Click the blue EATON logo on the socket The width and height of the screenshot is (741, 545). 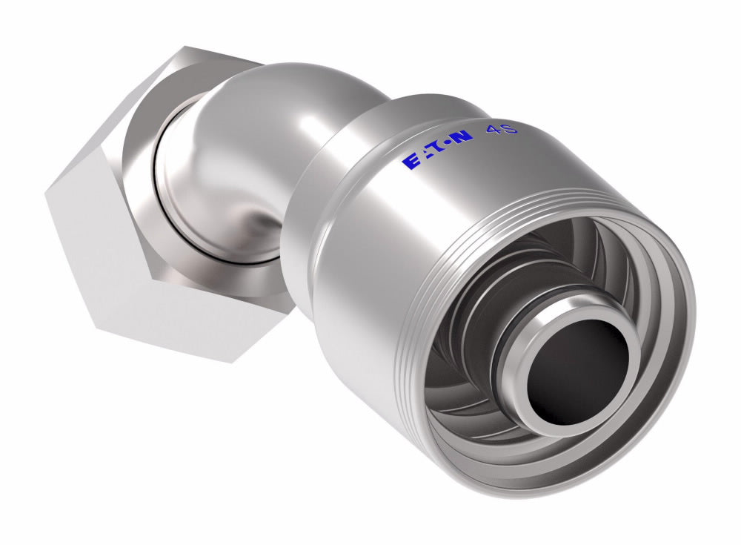click(438, 150)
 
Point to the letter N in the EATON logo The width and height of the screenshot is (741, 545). click(462, 137)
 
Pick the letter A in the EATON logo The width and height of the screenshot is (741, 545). click(424, 156)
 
